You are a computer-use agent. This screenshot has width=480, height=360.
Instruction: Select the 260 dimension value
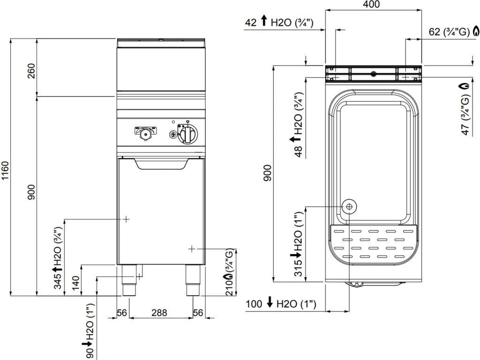(x=31, y=71)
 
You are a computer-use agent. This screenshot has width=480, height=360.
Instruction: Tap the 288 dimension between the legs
(x=159, y=313)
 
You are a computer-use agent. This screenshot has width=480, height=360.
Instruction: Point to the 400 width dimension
(x=371, y=4)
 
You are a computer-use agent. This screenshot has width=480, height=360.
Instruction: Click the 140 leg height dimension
(x=75, y=283)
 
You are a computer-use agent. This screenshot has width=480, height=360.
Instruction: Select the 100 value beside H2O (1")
(x=254, y=304)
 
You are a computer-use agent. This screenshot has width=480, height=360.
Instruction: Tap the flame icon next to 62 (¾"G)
(x=476, y=31)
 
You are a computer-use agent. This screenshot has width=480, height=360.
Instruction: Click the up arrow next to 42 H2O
(x=264, y=21)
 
